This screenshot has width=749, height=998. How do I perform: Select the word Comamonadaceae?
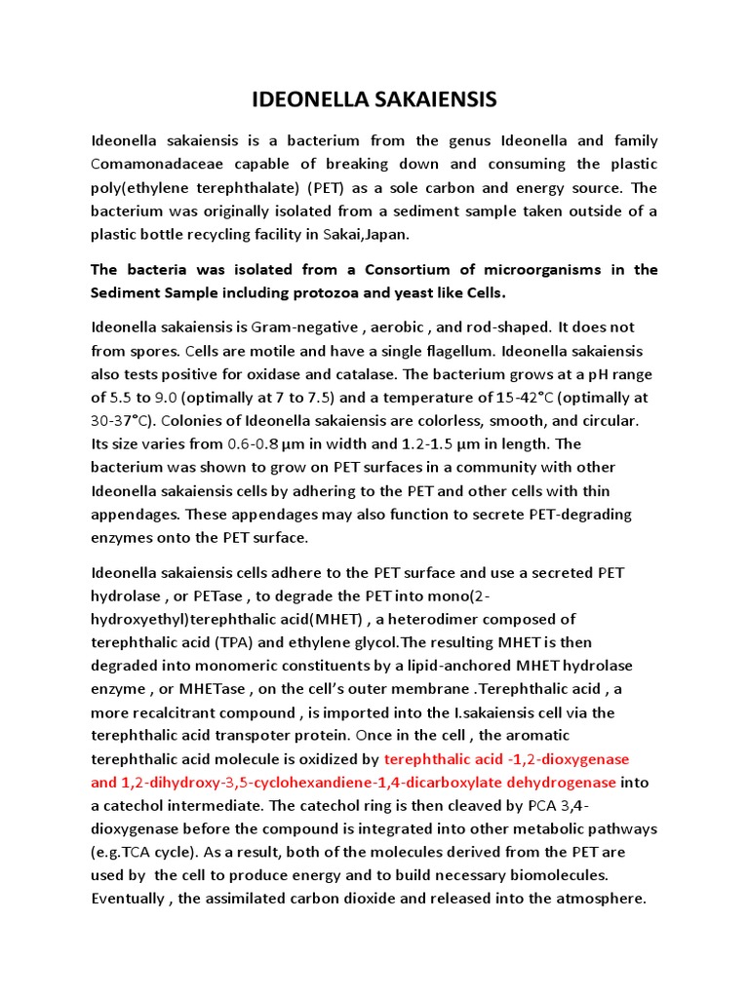158,164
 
